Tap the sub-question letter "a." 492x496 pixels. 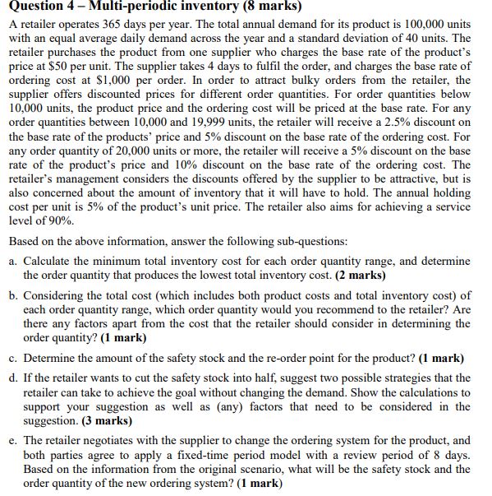13,262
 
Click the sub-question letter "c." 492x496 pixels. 13,359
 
